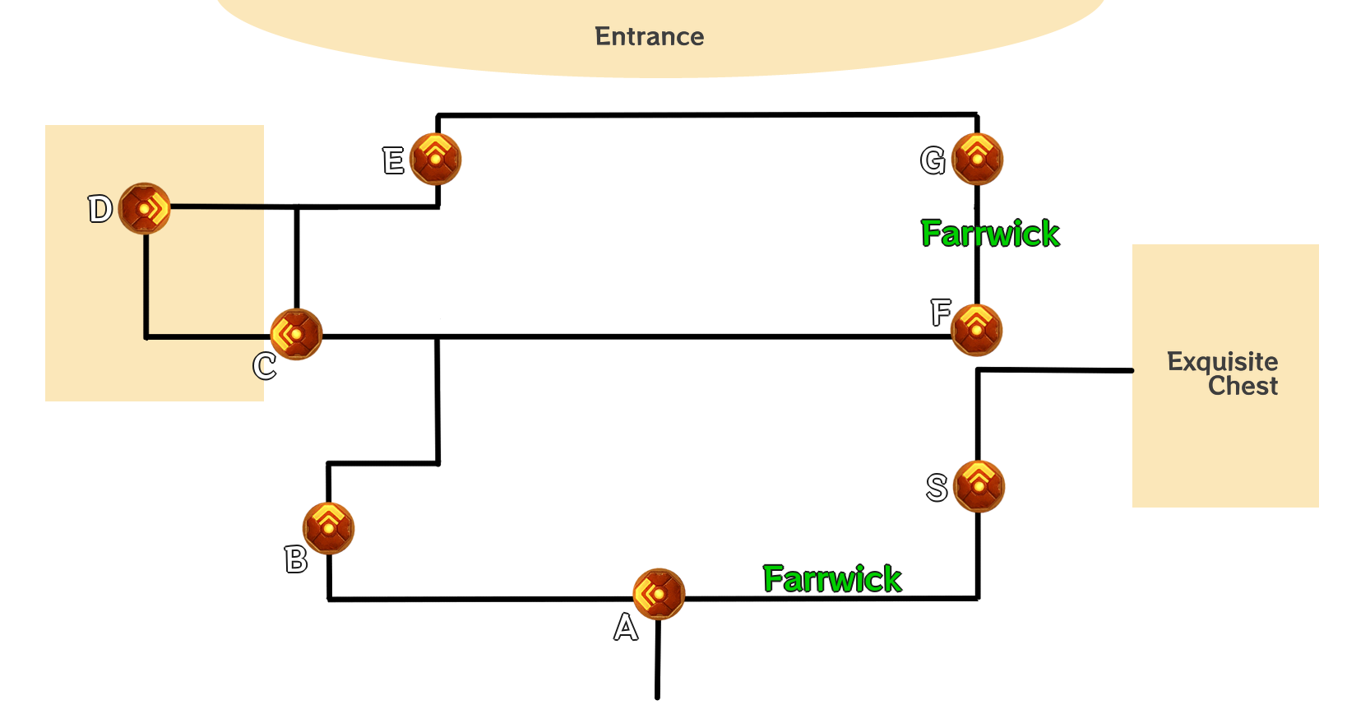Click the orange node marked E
click(436, 159)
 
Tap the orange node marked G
click(977, 159)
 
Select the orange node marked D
click(145, 208)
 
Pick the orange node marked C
click(296, 334)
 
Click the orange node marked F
click(976, 329)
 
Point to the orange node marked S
click(979, 486)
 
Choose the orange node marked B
click(328, 528)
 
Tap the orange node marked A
click(659, 593)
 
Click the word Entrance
click(649, 37)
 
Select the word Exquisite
click(1222, 362)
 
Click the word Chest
click(1243, 386)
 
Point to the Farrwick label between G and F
click(990, 234)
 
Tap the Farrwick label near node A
click(832, 579)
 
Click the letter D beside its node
click(100, 209)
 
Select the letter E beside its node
click(393, 160)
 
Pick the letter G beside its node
click(933, 160)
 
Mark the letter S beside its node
click(937, 488)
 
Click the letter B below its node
click(296, 560)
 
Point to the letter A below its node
click(626, 628)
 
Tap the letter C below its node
click(265, 366)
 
